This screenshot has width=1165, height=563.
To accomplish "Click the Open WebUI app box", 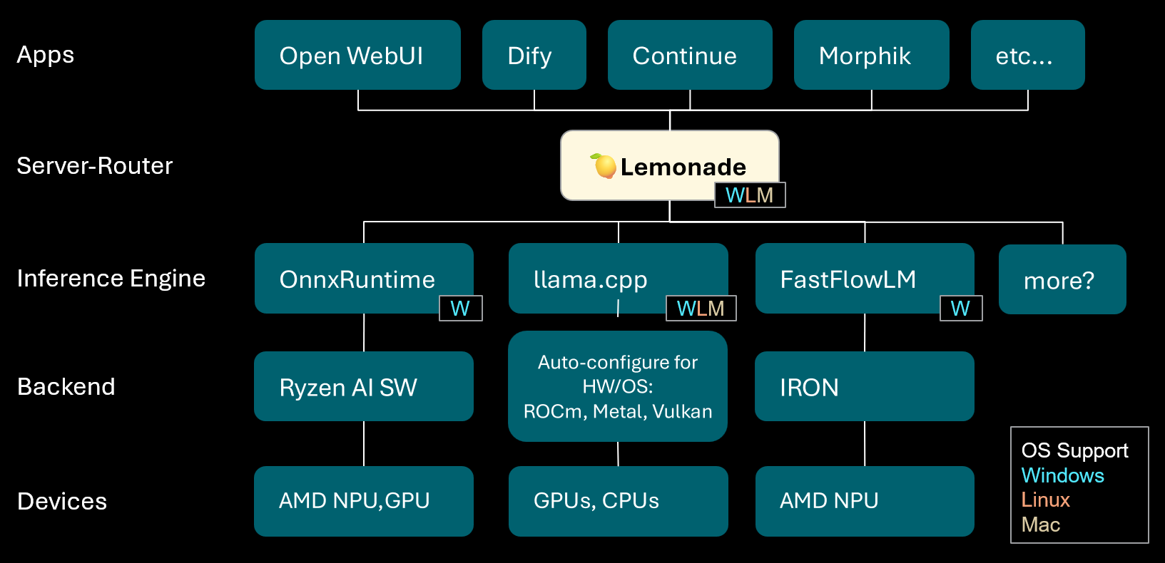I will (x=357, y=55).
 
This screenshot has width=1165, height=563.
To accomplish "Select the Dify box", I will (x=534, y=55).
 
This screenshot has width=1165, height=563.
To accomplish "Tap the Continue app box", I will (x=689, y=55).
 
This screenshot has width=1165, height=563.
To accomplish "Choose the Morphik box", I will (x=871, y=55).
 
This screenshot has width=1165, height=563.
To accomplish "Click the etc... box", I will (x=1027, y=55).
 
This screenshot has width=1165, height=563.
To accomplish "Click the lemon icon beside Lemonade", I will (x=604, y=166).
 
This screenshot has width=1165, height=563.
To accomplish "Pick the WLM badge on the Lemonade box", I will (x=750, y=195).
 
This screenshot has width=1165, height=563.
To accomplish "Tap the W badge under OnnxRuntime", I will (x=460, y=308).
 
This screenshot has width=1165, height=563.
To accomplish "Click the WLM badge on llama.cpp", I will (x=701, y=308).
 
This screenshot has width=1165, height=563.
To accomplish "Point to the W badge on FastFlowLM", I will (x=960, y=308).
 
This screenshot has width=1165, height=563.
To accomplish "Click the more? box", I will (x=1062, y=279).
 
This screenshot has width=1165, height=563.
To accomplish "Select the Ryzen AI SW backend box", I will (x=364, y=386).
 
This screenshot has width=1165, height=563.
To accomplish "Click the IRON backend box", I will (x=864, y=386).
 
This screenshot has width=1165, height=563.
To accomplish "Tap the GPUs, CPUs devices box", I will (x=618, y=500).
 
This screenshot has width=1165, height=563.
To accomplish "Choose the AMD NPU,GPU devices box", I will (x=364, y=500).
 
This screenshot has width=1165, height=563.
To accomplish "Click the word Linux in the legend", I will (x=1045, y=500).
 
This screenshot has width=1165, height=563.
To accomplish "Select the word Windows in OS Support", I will (x=1062, y=475).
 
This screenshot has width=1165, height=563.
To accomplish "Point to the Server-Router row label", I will (x=95, y=165).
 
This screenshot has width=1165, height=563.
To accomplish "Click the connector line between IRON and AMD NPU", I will (x=865, y=443).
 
